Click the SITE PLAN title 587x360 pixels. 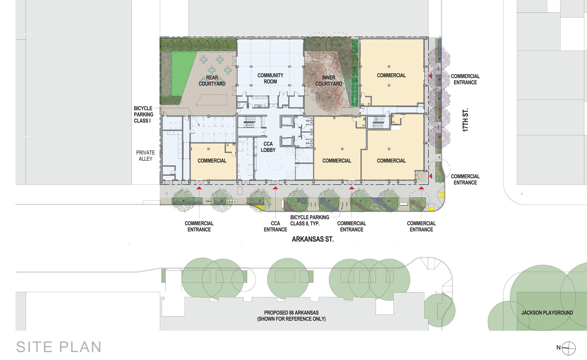59,347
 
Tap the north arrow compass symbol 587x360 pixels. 569,348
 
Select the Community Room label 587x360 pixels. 270,78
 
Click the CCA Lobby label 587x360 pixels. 268,147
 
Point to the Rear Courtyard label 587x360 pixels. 212,81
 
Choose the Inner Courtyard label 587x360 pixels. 329,81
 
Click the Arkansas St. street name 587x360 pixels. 313,239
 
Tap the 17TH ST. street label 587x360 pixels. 465,120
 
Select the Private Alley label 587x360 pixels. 145,156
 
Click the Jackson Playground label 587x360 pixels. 547,313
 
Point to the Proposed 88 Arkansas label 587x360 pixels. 292,316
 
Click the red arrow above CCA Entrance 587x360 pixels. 276,188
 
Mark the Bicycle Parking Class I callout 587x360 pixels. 143,115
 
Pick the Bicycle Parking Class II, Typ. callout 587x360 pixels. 309,220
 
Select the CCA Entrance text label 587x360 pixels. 276,227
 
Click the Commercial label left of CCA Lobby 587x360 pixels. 212,161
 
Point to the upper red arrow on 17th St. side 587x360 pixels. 430,76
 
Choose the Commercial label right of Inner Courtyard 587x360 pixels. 391,75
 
